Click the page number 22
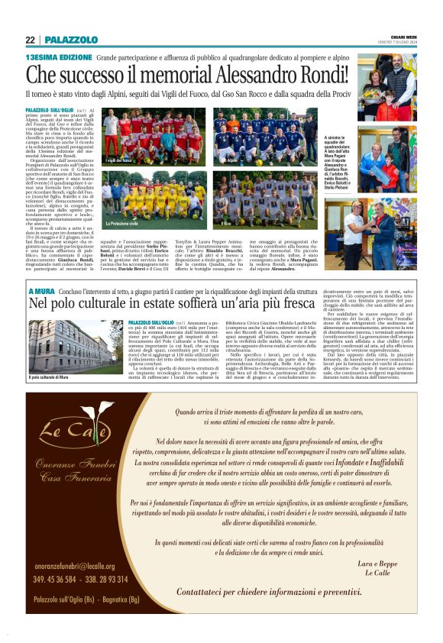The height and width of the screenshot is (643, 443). pyautogui.click(x=31, y=40)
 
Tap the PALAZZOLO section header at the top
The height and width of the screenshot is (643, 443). pyautogui.click(x=71, y=40)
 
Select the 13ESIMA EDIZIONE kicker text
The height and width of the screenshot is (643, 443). pyautogui.click(x=58, y=58)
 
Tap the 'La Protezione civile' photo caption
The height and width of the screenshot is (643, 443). pyautogui.click(x=124, y=224)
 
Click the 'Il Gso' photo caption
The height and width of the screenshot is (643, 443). pyautogui.click(x=228, y=224)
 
